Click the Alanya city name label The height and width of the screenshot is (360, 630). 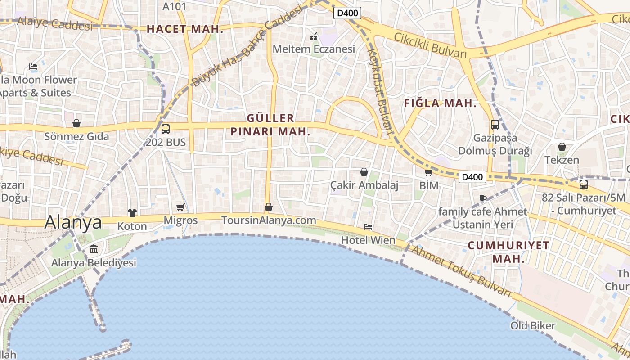pyautogui.click(x=73, y=222)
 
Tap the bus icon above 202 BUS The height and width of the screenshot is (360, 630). pyautogui.click(x=166, y=129)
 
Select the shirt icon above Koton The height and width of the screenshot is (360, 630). pyautogui.click(x=132, y=213)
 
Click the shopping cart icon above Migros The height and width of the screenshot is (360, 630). pyautogui.click(x=180, y=207)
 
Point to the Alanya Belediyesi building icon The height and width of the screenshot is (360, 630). pyautogui.click(x=94, y=249)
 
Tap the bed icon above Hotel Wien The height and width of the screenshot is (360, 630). pyautogui.click(x=368, y=227)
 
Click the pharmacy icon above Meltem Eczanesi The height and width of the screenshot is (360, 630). pyautogui.click(x=314, y=36)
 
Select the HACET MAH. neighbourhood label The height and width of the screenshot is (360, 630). pyautogui.click(x=185, y=29)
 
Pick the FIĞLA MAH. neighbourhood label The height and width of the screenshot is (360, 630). pyautogui.click(x=440, y=103)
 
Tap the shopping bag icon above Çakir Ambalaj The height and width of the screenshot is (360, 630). pyautogui.click(x=364, y=172)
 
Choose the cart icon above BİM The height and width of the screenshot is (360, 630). pyautogui.click(x=428, y=172)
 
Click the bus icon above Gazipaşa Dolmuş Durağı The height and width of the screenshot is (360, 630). pyautogui.click(x=495, y=125)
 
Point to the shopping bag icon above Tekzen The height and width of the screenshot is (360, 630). pyautogui.click(x=562, y=147)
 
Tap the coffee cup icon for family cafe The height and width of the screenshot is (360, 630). pyautogui.click(x=483, y=198)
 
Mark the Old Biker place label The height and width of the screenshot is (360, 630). pyautogui.click(x=533, y=325)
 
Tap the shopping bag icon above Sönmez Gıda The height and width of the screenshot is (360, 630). pyautogui.click(x=76, y=123)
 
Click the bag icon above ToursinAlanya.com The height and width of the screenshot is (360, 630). pyautogui.click(x=269, y=207)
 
